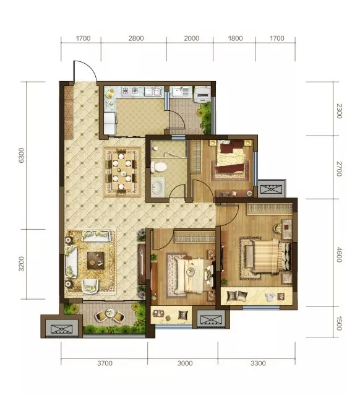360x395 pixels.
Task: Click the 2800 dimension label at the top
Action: click(x=136, y=38)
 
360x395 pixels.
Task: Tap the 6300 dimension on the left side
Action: click(x=22, y=155)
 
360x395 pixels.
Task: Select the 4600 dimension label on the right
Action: click(x=339, y=254)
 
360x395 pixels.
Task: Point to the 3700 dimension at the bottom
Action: click(x=105, y=363)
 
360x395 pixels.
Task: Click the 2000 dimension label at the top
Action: click(x=192, y=38)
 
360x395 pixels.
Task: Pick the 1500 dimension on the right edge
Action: click(x=339, y=323)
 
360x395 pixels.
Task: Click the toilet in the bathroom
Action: click(x=158, y=167)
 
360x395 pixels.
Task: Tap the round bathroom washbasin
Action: click(x=158, y=187)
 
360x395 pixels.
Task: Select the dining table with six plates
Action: click(x=122, y=171)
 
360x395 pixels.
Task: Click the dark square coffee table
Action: click(x=96, y=260)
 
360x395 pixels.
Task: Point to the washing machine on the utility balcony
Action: click(x=202, y=94)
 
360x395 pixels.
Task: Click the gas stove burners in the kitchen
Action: click(x=131, y=90)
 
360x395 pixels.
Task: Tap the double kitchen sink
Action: click(x=153, y=91)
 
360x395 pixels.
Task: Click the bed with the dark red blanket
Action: click(x=230, y=157)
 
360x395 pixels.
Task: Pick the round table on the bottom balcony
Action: click(x=110, y=314)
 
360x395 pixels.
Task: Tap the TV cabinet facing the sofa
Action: click(x=142, y=264)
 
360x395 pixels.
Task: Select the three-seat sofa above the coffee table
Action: click(x=96, y=236)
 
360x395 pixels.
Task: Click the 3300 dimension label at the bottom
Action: click(x=258, y=363)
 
